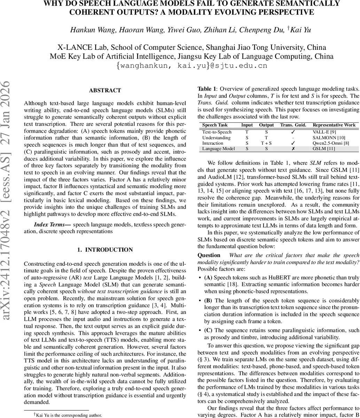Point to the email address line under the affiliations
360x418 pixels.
(192, 65)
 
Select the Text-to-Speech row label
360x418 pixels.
(217, 132)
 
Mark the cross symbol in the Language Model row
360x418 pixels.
(293, 149)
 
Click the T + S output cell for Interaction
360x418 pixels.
(266, 143)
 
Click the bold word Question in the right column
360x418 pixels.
(209, 255)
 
